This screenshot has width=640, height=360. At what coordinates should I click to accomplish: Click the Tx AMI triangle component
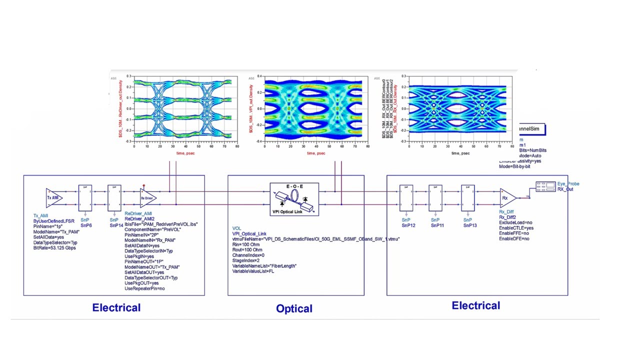click(53, 197)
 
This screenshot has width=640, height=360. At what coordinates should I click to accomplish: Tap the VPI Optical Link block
click(294, 199)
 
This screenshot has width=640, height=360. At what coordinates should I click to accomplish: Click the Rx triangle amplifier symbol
click(507, 198)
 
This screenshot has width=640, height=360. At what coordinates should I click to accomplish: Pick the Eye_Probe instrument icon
click(545, 186)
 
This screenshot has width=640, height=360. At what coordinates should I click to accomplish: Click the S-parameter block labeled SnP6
click(85, 198)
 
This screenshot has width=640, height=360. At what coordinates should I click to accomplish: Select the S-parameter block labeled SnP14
click(114, 198)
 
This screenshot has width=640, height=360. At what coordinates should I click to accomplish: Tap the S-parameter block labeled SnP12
click(406, 198)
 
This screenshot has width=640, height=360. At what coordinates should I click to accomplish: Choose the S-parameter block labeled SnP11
click(435, 198)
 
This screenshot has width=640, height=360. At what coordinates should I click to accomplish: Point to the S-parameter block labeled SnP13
click(467, 198)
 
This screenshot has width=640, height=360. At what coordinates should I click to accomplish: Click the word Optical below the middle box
click(294, 308)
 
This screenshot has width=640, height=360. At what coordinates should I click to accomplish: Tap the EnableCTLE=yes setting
click(516, 228)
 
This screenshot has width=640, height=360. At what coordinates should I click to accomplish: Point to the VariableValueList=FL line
click(253, 271)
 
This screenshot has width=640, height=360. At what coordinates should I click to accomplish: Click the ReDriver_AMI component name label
click(138, 213)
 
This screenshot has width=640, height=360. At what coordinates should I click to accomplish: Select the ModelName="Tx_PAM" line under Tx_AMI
click(56, 231)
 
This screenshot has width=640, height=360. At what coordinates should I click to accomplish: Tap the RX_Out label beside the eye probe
click(565, 189)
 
